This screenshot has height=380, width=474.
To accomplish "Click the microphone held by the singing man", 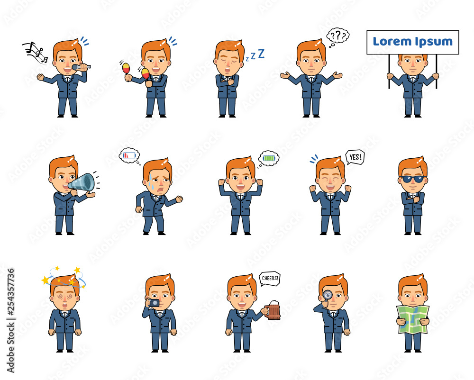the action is click(x=81, y=67).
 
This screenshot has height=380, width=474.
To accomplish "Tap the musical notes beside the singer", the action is click(x=35, y=53).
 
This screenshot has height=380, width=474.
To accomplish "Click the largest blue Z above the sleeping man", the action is click(x=261, y=54).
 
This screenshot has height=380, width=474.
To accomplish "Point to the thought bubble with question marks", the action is click(x=338, y=36).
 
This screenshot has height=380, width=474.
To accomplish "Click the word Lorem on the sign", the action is click(x=392, y=41).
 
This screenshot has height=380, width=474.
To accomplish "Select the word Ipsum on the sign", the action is click(x=434, y=42).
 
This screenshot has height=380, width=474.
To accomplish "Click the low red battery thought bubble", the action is click(x=129, y=155).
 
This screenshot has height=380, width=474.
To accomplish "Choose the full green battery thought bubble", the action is click(x=269, y=158).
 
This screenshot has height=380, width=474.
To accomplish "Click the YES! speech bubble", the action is click(x=355, y=157).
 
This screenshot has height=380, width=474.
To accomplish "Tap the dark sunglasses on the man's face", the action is click(x=412, y=179).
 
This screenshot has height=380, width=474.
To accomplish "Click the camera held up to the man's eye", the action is click(x=153, y=303).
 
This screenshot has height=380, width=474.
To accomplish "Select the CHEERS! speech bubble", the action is click(x=270, y=278).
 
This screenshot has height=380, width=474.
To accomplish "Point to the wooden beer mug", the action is click(x=273, y=310).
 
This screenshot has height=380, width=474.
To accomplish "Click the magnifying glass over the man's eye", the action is click(x=327, y=295).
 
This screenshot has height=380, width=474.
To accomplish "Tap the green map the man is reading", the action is click(x=413, y=319).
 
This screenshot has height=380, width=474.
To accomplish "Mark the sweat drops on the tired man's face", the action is click(x=151, y=181).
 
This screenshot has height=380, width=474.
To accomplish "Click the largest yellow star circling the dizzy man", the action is click(x=46, y=280).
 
